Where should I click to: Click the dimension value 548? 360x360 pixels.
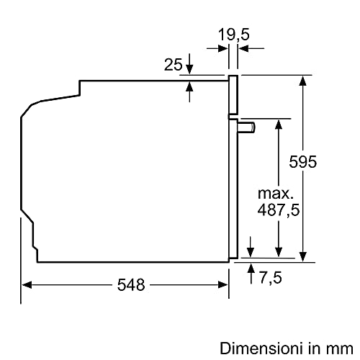131,284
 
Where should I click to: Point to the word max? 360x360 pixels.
276,193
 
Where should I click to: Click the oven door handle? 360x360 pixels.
246,127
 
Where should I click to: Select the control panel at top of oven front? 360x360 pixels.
233,95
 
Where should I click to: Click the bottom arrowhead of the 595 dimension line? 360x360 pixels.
304,253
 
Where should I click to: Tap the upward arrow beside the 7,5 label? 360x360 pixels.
251,267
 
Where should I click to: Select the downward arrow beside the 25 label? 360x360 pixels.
189,68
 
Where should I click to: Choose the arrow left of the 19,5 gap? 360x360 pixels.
225,49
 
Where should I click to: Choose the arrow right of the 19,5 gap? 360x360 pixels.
243,49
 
